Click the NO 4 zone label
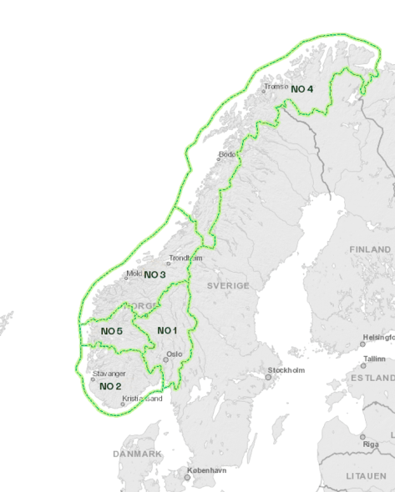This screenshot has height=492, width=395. [x=302, y=88]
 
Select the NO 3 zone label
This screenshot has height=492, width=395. [x=155, y=274]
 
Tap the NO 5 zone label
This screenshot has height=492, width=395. [x=112, y=331]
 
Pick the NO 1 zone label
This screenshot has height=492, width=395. [x=168, y=331]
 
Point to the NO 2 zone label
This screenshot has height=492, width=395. [x=110, y=386]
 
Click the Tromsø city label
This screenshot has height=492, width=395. [x=276, y=86]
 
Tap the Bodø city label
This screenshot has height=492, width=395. [x=227, y=154]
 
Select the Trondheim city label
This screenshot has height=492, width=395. [x=185, y=259]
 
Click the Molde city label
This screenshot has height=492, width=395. [x=134, y=274]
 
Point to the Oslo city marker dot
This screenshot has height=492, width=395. [x=165, y=359]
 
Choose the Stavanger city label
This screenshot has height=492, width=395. [x=109, y=374]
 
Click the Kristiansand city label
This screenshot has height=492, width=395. [x=142, y=399]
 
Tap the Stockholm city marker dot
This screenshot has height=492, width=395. [x=268, y=377]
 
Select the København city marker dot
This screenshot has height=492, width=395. [x=187, y=478]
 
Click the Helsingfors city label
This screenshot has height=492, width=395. [x=376, y=338]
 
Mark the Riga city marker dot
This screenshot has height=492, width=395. [x=362, y=436]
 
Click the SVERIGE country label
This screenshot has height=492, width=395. [x=228, y=285]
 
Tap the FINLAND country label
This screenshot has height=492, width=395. [x=370, y=249]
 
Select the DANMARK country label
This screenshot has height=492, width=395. [x=137, y=454]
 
